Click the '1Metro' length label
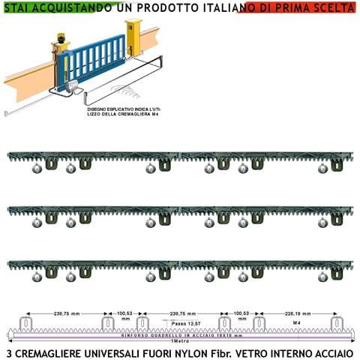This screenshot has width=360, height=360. tap(181, 341)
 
